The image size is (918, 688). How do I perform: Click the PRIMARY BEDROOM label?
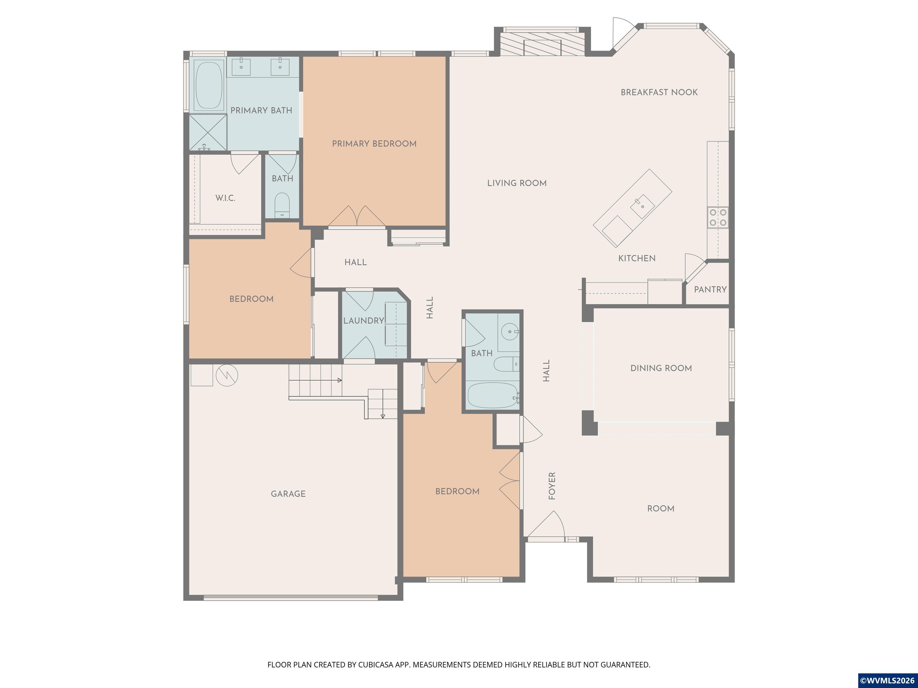click(374, 144)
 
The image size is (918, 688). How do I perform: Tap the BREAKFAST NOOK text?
click(659, 92)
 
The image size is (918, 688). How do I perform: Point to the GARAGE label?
click(288, 494)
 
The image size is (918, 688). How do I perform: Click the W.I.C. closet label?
click(225, 198)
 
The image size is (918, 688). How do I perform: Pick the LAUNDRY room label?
click(364, 321)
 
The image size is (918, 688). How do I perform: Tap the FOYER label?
click(552, 486)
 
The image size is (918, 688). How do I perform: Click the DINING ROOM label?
click(661, 368)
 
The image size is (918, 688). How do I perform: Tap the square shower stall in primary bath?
click(208, 132)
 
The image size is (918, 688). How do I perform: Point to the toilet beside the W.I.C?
click(282, 205)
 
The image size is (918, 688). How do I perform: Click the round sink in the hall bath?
click(509, 332)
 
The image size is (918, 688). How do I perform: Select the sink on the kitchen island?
click(642, 206)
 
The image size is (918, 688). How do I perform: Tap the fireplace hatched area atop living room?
click(542, 44)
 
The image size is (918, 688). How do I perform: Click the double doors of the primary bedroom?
click(357, 216)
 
